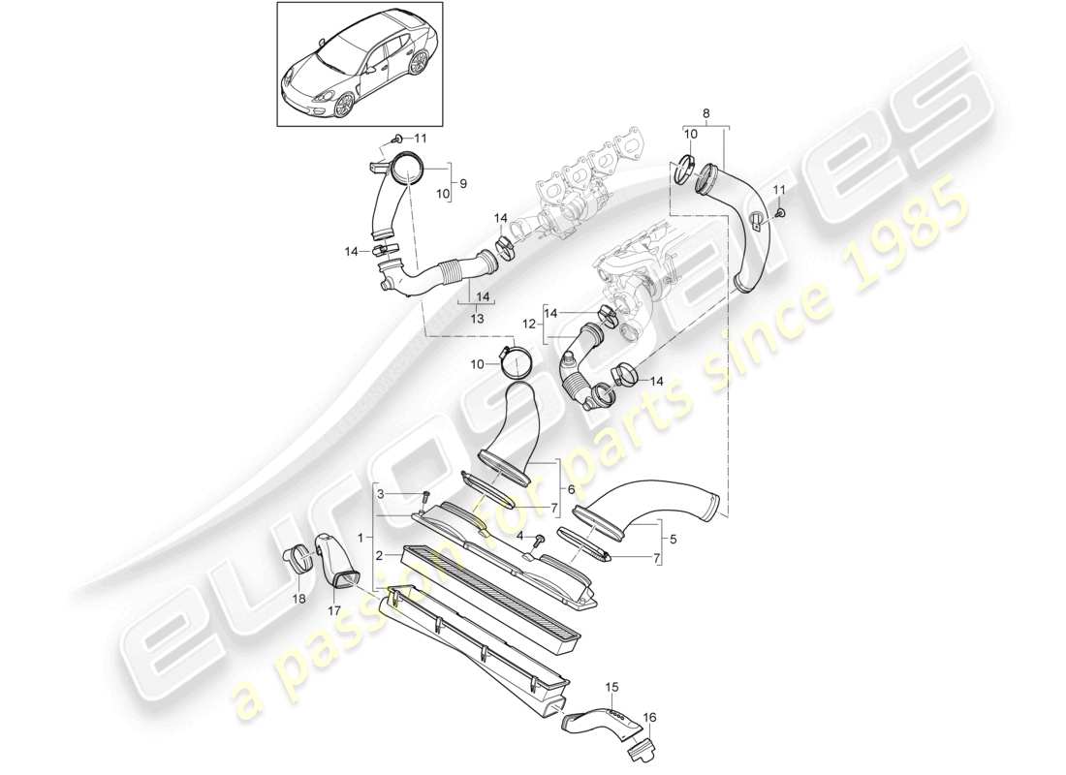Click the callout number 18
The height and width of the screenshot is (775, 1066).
298,600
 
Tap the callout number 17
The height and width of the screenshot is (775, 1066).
334,611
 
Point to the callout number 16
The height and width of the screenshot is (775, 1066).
649,717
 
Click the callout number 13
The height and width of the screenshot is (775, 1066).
476,318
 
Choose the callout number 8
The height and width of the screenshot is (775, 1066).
705,112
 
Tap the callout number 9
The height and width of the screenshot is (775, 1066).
462,182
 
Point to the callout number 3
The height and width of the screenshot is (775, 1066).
381,494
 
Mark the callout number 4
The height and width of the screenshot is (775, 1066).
519,536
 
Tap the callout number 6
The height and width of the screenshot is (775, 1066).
571,490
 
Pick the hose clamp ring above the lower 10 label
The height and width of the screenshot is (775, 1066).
519,361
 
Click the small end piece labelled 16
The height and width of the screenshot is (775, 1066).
642,748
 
